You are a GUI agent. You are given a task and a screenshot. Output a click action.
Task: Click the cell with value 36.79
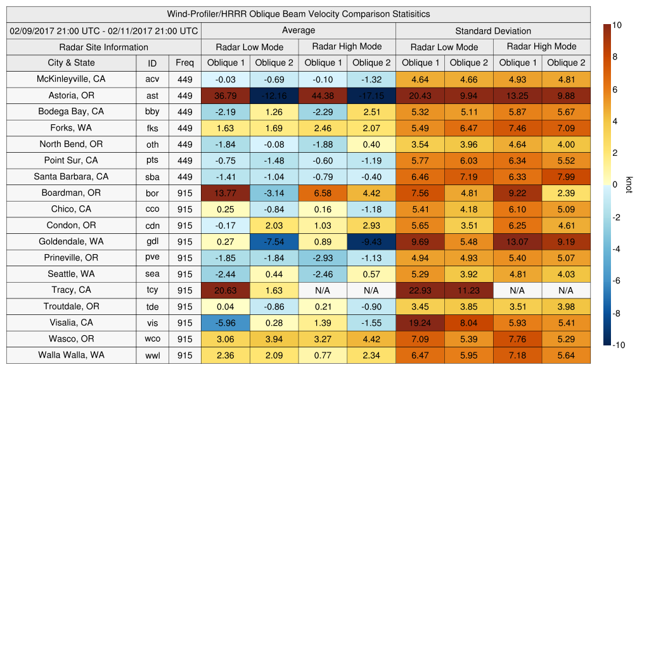(x=225, y=96)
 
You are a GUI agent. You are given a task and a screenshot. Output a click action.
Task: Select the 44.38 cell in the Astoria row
(x=323, y=96)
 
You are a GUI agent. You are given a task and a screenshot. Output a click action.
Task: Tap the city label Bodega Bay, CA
(x=71, y=112)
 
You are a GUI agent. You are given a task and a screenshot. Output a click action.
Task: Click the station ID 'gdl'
(x=152, y=242)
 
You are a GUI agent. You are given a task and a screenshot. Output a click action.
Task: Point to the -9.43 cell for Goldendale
(x=371, y=242)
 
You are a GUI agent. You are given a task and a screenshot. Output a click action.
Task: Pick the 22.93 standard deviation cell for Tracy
(x=420, y=290)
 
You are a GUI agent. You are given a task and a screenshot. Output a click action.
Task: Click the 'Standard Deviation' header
(x=493, y=31)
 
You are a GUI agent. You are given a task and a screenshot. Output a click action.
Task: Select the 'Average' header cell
(x=298, y=30)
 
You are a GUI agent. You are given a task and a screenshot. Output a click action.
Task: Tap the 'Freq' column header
(x=184, y=63)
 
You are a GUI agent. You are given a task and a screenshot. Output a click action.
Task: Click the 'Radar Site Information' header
(x=103, y=47)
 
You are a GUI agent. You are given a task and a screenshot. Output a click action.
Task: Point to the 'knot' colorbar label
(x=629, y=184)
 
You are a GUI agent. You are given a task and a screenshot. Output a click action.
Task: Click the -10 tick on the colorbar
(x=619, y=345)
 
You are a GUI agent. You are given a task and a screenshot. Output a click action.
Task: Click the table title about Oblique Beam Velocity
(x=299, y=14)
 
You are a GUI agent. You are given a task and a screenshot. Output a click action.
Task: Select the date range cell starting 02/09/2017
(x=103, y=30)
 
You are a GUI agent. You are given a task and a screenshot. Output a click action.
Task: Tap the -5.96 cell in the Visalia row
(x=225, y=323)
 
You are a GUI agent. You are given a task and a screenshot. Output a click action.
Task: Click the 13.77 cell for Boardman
(x=225, y=193)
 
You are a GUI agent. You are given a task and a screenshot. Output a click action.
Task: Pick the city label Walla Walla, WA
(x=71, y=355)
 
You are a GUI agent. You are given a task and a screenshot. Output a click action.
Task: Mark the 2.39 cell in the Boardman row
(x=566, y=193)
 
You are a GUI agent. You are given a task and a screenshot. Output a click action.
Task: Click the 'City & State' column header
(x=71, y=63)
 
